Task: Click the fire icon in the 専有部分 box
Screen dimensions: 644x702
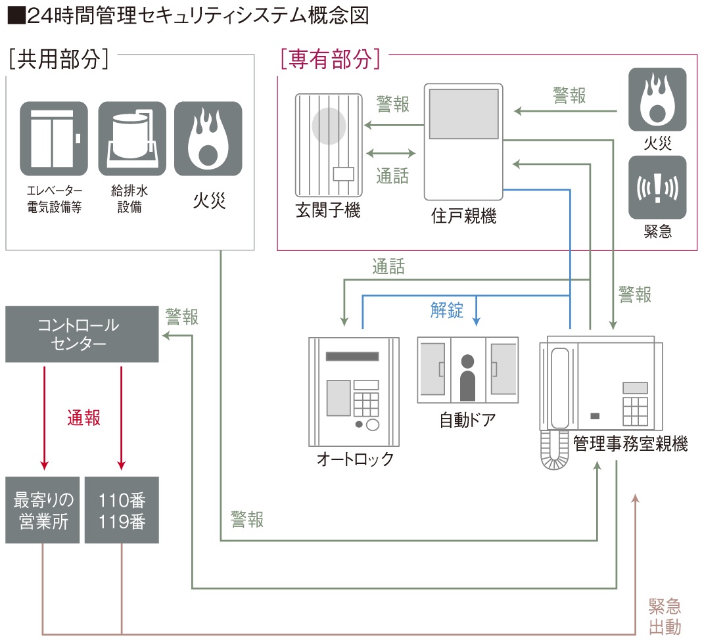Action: tap(657, 99)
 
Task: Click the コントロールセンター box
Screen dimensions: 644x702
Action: tap(82, 334)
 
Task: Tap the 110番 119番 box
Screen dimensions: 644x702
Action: tap(122, 511)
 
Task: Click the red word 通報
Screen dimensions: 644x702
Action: tap(83, 417)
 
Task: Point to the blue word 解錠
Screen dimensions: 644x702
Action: tap(447, 310)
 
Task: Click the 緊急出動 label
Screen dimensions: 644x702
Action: tap(665, 616)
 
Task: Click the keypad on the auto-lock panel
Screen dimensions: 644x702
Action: tap(367, 402)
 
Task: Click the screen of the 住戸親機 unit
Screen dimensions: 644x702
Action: tap(463, 113)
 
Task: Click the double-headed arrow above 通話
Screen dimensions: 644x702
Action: tap(392, 154)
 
